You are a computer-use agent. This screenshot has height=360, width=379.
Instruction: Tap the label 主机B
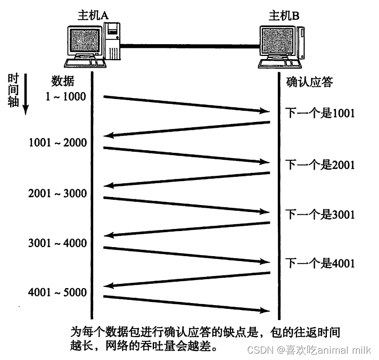coord(283,15)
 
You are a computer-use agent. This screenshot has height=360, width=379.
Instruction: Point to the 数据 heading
coord(63,81)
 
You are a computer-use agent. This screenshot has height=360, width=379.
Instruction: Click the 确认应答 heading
coord(310,82)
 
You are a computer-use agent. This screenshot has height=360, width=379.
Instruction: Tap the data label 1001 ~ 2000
coord(57,142)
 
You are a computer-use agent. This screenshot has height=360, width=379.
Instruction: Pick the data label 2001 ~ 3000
coord(57,193)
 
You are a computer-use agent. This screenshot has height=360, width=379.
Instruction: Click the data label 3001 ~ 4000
coord(57,243)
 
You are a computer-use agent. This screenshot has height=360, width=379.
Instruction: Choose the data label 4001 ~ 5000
coord(57,292)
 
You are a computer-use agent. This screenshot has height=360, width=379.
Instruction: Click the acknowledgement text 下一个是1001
coord(320,113)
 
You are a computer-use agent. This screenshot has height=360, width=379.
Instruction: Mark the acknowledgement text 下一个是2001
coord(320,164)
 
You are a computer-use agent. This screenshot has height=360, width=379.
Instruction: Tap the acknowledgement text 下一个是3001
coord(320,215)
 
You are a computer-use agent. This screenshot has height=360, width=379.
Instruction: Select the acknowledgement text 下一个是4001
coord(320,263)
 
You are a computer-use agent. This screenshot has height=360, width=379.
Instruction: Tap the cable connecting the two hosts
coord(192,45)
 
